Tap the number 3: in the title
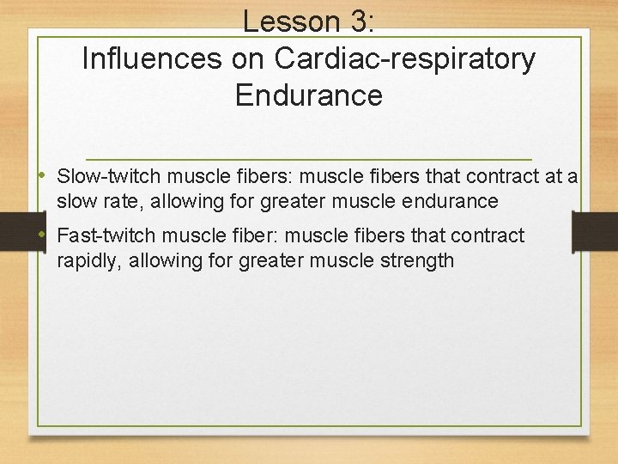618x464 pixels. point(358,21)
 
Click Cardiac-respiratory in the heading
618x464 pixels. point(405,58)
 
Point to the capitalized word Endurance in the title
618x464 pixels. point(308,95)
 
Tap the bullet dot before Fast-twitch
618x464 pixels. point(45,235)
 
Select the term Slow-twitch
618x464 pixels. point(109,177)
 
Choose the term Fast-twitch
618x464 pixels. point(106,236)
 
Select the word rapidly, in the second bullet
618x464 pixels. point(90,260)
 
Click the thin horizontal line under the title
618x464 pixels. point(309,159)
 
